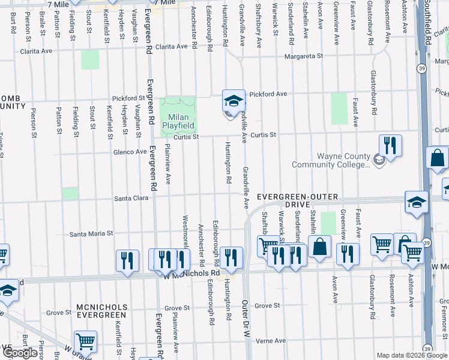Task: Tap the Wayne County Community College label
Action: [x=331, y=160]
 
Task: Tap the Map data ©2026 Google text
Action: [x=411, y=355]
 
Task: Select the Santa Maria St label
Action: [x=92, y=233]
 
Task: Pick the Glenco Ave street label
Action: [x=130, y=152]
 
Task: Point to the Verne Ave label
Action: [x=271, y=340]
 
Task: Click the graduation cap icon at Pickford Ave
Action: [x=234, y=100]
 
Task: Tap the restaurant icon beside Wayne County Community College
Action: [x=390, y=145]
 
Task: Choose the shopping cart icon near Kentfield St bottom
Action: [x=86, y=341]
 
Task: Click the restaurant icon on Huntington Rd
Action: [x=231, y=258]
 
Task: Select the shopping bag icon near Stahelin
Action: [x=320, y=246]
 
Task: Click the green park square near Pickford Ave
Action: [x=339, y=109]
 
